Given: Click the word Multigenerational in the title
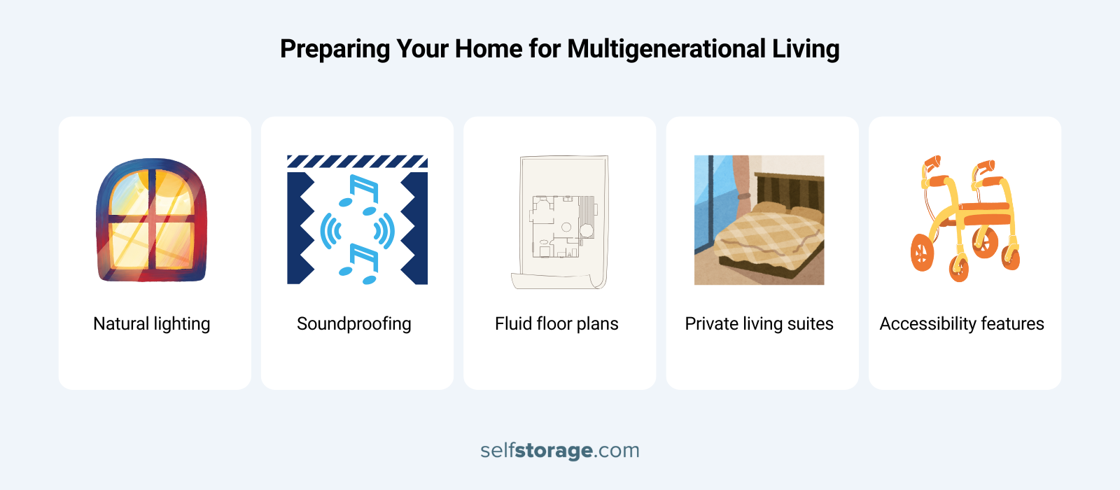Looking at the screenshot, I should coord(666,49).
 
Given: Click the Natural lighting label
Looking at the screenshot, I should coord(151,323).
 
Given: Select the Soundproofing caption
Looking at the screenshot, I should coord(353,323).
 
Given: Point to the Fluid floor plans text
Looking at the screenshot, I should coord(556,323).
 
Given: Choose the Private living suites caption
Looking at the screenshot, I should coord(759,323).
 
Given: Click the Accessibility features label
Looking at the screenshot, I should coord(961,323).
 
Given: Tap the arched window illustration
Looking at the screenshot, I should coord(151,220).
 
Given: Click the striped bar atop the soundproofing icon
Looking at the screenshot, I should coord(357,162).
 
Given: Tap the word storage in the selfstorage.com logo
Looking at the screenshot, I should coord(554,450).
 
